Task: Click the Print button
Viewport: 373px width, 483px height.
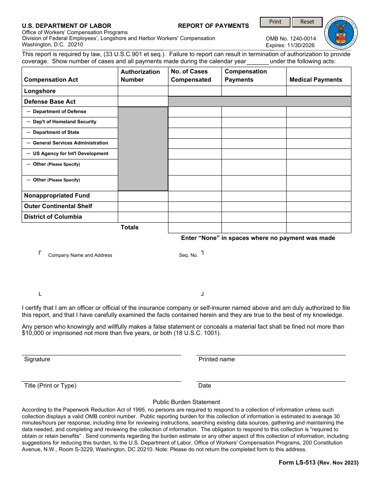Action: (275, 22)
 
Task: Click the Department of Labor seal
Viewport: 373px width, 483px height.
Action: (341, 33)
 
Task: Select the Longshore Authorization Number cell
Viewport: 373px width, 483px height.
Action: (143, 91)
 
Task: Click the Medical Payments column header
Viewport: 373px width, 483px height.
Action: (316, 80)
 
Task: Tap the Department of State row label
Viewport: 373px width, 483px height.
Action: (56, 133)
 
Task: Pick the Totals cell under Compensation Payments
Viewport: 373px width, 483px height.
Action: (254, 228)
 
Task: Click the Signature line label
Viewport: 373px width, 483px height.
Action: (37, 359)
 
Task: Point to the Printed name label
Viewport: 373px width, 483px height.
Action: (216, 359)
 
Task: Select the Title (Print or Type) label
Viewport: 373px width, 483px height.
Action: (50, 386)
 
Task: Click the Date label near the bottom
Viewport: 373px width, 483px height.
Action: (205, 386)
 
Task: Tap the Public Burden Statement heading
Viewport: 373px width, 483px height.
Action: (186, 402)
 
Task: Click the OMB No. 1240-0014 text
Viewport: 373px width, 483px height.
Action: (291, 39)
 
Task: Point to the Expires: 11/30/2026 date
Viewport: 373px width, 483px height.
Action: (290, 46)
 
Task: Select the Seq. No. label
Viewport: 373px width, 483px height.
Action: (188, 255)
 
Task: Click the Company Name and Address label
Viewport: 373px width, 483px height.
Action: (80, 255)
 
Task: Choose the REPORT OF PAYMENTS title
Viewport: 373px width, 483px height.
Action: (213, 26)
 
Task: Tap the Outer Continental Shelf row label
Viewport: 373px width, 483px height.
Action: (58, 206)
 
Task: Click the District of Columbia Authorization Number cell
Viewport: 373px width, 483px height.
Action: (143, 217)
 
